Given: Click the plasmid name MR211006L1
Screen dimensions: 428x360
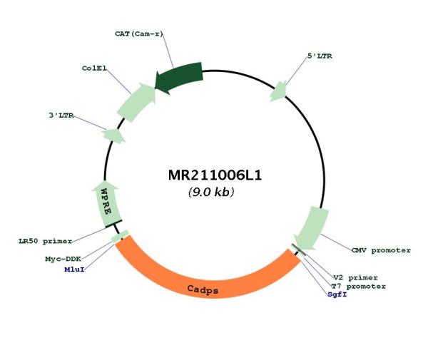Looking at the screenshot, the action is (215, 175).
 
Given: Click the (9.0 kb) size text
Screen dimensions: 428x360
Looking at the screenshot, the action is (211, 192).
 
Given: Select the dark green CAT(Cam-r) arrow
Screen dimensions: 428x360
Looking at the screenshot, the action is (179, 77).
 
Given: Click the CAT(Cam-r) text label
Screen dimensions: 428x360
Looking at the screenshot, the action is (139, 34).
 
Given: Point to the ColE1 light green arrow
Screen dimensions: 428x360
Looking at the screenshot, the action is (136, 102).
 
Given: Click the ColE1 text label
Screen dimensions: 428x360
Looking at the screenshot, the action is (94, 68).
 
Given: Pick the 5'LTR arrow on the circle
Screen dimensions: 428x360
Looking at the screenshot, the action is (278, 91).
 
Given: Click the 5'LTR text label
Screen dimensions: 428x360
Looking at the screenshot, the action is (320, 56).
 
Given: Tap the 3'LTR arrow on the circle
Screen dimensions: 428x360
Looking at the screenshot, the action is (113, 135).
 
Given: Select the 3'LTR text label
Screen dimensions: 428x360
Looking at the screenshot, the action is (61, 115).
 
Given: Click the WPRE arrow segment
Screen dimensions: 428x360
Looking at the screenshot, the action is (106, 203).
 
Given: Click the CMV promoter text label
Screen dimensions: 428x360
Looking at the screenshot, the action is (381, 250).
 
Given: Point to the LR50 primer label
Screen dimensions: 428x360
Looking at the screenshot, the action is (46, 242).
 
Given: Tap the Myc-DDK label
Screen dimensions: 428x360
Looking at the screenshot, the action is (63, 259).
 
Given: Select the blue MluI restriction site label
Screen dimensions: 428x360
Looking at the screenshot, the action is (74, 269).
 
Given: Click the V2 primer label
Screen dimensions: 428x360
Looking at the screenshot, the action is (355, 278).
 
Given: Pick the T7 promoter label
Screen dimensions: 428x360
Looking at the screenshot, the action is (358, 287).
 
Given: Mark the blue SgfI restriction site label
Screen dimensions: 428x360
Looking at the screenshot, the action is (337, 294).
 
